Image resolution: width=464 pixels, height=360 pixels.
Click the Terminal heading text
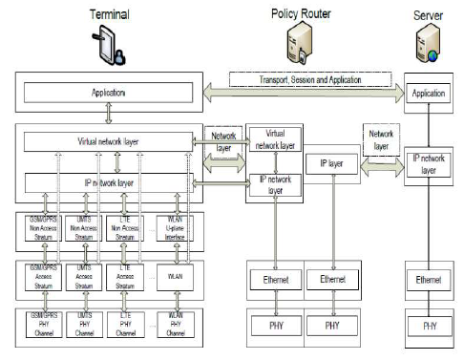[110, 14]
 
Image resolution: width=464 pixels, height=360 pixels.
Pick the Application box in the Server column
[426, 95]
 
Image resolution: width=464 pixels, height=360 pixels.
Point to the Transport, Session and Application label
[311, 79]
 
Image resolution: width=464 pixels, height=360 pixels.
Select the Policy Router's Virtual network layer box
[275, 139]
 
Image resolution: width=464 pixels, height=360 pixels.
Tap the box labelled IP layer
[333, 164]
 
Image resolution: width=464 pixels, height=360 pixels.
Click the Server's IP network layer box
[426, 162]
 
